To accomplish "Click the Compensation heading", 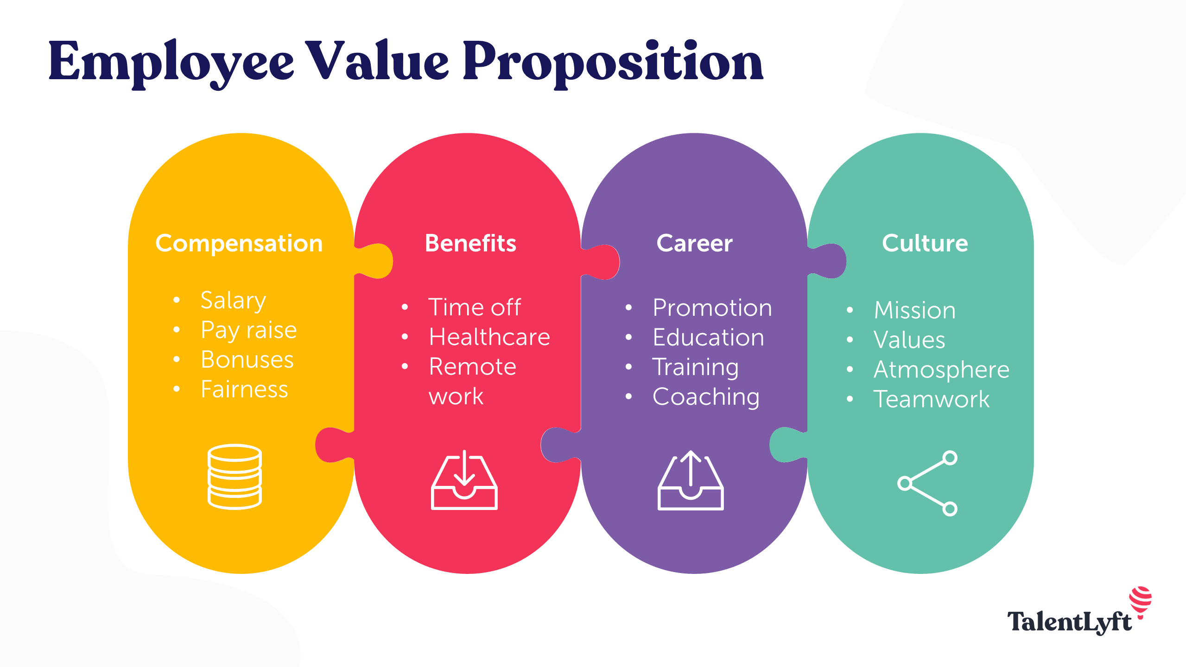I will coord(239,243).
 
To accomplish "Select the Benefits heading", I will coord(470,243).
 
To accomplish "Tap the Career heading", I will coord(694,243).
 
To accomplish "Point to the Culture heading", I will coord(925,243).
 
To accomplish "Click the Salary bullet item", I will coord(233,300).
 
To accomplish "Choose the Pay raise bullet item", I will coord(248,330).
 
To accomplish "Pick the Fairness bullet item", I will coord(244,389).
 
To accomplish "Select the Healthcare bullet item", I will coord(489,337).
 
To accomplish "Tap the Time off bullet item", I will coord(474,307).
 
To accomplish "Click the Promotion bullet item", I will coord(712,308).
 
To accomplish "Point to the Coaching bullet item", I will coord(706,397).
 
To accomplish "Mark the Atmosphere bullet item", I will coord(941,370).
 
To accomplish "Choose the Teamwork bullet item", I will coord(931,399).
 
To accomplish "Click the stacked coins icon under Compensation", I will coord(235,477).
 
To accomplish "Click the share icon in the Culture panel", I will coord(927,483).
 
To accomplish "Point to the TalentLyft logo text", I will coord(1069,622).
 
